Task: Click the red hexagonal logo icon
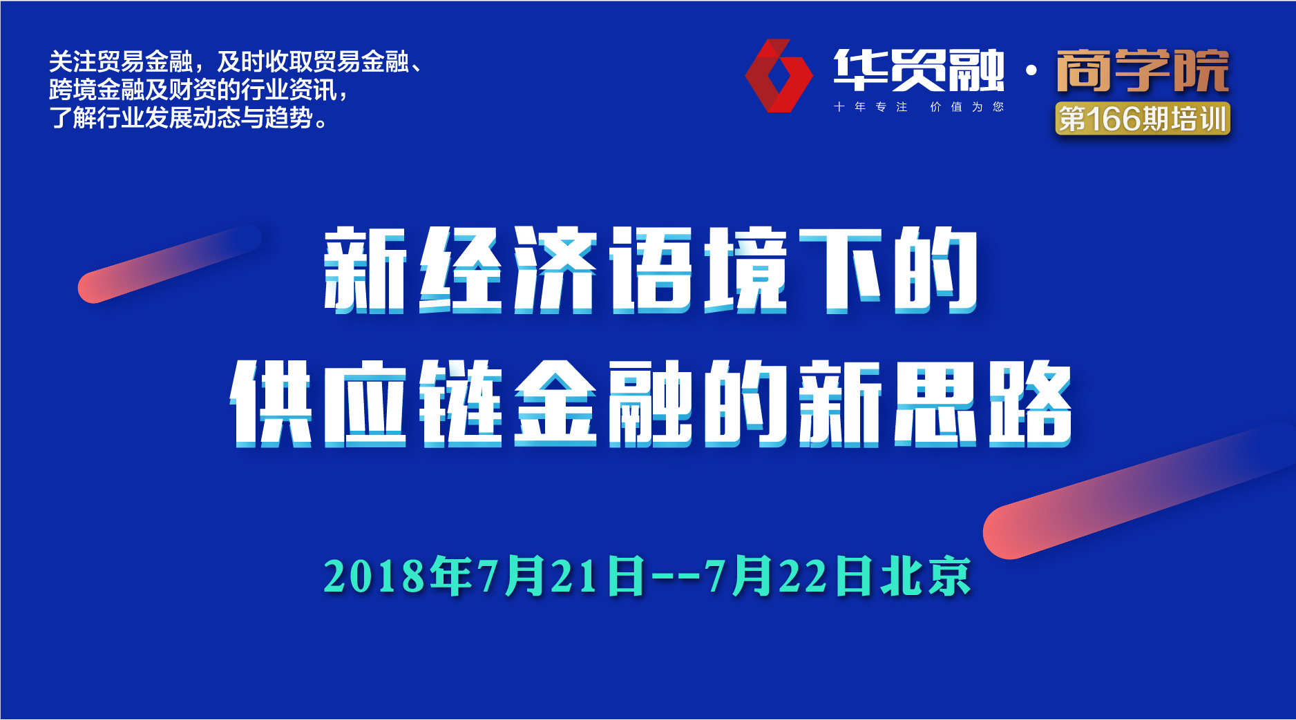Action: (x=779, y=76)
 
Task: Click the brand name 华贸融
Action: (x=919, y=70)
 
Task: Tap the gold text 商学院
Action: (x=1143, y=70)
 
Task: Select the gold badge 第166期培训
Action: (x=1143, y=119)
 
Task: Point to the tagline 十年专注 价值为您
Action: (x=919, y=107)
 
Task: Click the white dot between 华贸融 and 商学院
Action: (x=1031, y=70)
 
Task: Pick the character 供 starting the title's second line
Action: (x=271, y=403)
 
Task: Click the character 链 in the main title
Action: (x=461, y=403)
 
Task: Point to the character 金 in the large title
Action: (x=555, y=403)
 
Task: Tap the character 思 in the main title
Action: (x=935, y=403)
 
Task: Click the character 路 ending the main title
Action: (x=1030, y=403)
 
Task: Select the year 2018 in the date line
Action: (x=374, y=576)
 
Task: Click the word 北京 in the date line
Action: (x=926, y=576)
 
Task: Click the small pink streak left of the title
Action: (x=170, y=264)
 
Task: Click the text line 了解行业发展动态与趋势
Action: (x=189, y=118)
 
